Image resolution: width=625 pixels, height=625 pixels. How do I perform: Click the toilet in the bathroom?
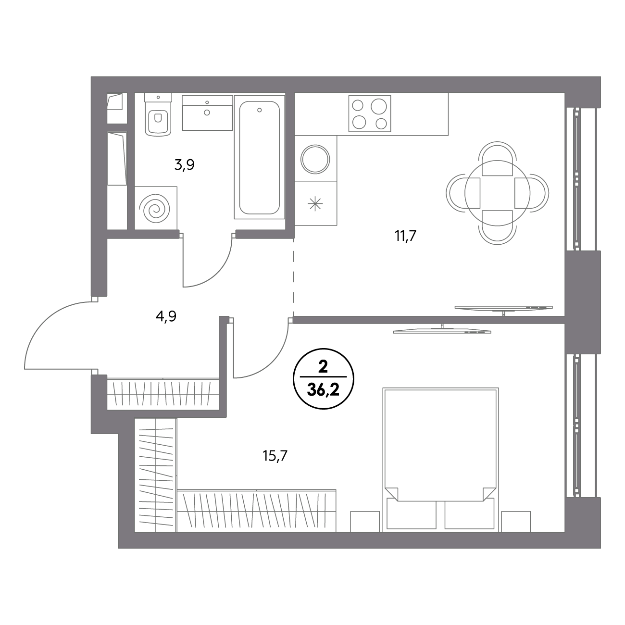pyautogui.click(x=158, y=114)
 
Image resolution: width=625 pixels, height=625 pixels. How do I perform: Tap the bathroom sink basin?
pyautogui.click(x=207, y=113)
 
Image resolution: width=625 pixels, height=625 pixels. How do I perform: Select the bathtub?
pyautogui.click(x=259, y=157)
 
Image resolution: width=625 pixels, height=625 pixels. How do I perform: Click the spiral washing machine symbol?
pyautogui.click(x=156, y=208)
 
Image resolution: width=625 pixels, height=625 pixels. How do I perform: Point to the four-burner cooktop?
pyautogui.click(x=370, y=113)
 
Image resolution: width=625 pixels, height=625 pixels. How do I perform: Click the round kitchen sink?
pyautogui.click(x=315, y=159)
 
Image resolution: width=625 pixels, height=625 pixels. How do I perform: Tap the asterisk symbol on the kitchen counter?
pyautogui.click(x=315, y=204)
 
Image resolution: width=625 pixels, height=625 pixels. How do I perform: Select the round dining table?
pyautogui.click(x=497, y=193)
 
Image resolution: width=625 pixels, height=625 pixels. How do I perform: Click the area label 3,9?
pyautogui.click(x=184, y=165)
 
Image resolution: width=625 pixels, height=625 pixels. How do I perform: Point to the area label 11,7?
pyautogui.click(x=405, y=236)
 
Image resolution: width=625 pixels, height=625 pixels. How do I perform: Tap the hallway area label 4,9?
pyautogui.click(x=166, y=316)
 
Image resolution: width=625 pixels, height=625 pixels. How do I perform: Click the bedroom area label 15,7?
pyautogui.click(x=275, y=456)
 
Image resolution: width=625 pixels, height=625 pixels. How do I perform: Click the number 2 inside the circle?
pyautogui.click(x=323, y=367)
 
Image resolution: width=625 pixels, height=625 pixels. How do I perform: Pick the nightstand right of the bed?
pyautogui.click(x=516, y=522)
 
